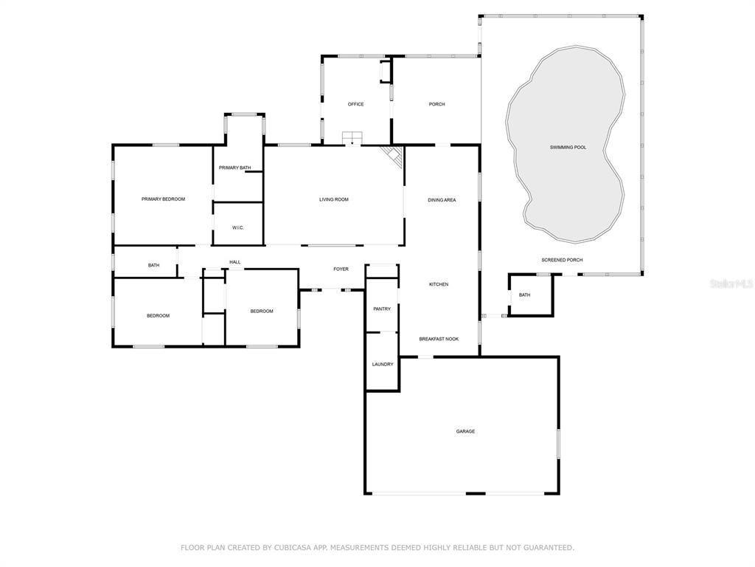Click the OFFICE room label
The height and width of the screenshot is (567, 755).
[356, 104]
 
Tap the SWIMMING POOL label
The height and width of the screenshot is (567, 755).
[568, 147]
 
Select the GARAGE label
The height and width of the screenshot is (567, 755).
[465, 431]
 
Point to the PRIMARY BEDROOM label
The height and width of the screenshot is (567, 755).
[163, 199]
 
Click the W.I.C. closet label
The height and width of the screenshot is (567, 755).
[238, 227]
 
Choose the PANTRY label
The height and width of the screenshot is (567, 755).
[382, 309]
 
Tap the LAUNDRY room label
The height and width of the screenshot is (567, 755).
[383, 365]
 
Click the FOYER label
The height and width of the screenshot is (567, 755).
[341, 269]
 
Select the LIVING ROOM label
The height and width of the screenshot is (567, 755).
[334, 199]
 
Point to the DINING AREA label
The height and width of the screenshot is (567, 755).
[442, 200]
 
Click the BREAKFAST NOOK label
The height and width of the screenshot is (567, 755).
[439, 339]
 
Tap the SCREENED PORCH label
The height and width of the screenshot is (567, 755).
[562, 260]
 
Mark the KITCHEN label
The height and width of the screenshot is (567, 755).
[439, 284]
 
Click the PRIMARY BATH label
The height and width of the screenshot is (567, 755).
[235, 168]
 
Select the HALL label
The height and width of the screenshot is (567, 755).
[235, 262]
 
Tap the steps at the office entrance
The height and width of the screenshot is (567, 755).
[352, 137]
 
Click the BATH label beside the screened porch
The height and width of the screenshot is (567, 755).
[524, 295]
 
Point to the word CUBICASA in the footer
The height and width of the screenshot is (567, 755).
[293, 548]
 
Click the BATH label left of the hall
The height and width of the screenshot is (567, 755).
[153, 265]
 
